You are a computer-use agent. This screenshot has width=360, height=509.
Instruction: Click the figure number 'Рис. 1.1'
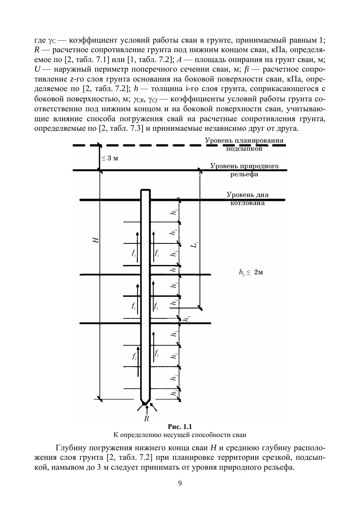coord(180,426)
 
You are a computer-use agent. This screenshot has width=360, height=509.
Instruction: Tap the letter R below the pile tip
coord(146,419)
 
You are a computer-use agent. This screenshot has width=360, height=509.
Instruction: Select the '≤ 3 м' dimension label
coord(110,158)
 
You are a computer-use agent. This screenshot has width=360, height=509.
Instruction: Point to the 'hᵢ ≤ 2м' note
coord(251,272)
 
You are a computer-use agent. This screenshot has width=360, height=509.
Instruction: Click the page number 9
coord(180,483)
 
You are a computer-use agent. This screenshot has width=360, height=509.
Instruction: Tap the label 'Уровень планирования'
coord(244,141)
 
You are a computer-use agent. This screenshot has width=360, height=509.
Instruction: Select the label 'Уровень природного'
coord(244,166)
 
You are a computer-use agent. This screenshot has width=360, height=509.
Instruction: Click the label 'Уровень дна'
coord(247,195)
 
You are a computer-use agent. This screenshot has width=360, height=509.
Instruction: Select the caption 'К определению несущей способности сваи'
coord(180,435)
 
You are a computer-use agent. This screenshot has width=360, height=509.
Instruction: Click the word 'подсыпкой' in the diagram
coord(244,149)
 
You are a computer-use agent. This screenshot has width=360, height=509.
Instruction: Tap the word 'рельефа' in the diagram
coord(244,174)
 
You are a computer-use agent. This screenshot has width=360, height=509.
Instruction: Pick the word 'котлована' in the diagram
coord(247,203)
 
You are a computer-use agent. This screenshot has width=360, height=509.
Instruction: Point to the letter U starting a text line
coord(37,69)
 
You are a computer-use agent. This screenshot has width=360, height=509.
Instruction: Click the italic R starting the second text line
coord(36,49)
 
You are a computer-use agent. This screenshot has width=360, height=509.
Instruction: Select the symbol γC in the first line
coord(52,40)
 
